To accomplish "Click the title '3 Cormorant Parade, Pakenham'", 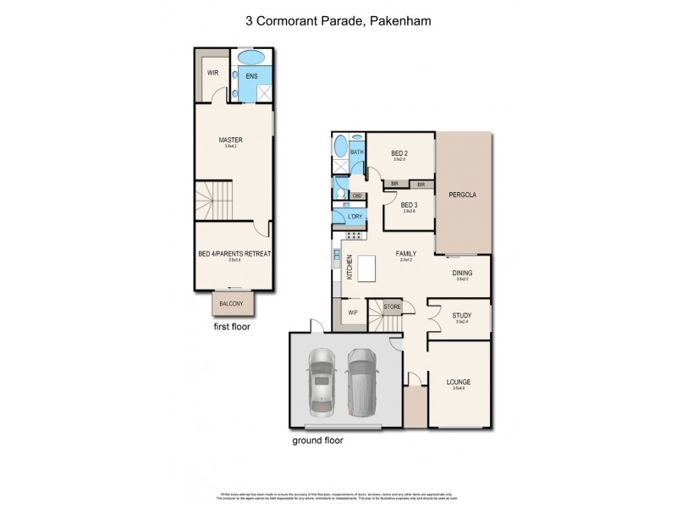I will click(x=338, y=18).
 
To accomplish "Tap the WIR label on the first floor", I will click(x=213, y=73).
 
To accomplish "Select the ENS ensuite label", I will click(x=251, y=76).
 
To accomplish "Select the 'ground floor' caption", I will click(x=317, y=440).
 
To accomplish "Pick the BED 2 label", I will click(x=399, y=152).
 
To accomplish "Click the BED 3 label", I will click(x=409, y=205).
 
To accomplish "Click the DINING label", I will click(x=463, y=272).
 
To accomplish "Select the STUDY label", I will click(x=462, y=317).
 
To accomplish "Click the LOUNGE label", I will click(x=459, y=382).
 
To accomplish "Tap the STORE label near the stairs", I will click(x=392, y=306).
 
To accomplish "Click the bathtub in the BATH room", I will click(x=339, y=152).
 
